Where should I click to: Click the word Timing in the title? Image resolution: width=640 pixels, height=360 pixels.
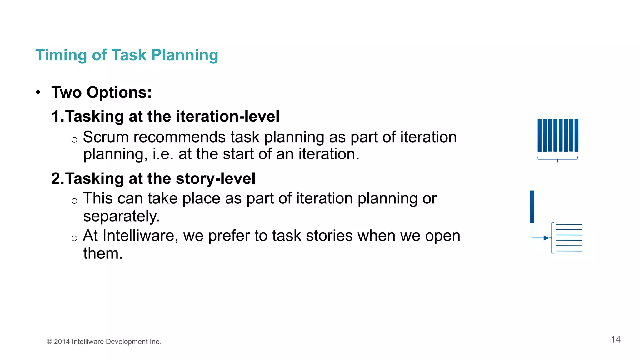click(x=61, y=55)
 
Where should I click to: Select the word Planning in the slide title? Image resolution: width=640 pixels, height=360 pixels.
click(x=184, y=55)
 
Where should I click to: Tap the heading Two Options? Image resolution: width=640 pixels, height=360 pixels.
click(x=102, y=92)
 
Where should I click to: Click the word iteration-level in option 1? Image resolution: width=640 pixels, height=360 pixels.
click(x=227, y=117)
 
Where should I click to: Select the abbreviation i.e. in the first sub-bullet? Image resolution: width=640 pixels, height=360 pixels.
click(x=163, y=154)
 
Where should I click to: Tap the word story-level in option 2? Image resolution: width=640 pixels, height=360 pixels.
click(x=216, y=179)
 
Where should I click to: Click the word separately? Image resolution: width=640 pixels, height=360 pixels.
click(x=121, y=216)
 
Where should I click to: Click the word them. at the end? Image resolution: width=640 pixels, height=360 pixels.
click(x=103, y=253)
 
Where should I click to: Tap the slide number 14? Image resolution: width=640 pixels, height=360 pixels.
click(x=616, y=340)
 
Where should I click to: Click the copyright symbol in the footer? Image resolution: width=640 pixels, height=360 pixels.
click(x=49, y=342)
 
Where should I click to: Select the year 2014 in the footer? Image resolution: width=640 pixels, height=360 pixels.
click(x=62, y=342)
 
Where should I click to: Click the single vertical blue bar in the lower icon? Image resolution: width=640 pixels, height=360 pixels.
click(x=532, y=207)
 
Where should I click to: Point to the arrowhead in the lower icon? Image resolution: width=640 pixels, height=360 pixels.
click(x=546, y=238)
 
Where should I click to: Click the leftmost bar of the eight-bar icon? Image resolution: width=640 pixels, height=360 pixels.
click(x=540, y=135)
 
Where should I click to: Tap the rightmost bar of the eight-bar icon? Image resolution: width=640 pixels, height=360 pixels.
click(x=576, y=135)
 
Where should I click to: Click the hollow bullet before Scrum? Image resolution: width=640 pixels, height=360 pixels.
click(x=74, y=140)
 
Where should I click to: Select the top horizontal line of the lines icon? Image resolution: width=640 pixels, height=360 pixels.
click(x=569, y=224)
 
